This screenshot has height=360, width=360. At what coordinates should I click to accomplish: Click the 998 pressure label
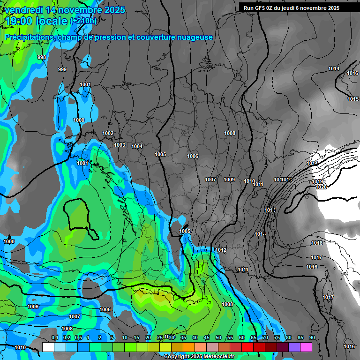(42, 57)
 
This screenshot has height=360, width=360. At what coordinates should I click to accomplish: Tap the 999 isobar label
(62, 69)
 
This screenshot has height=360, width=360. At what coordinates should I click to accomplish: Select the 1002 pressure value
(108, 134)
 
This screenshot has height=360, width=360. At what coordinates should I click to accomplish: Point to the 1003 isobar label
(120, 145)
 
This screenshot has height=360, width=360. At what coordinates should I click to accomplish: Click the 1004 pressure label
(137, 147)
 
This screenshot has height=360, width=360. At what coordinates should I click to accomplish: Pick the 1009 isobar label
(229, 180)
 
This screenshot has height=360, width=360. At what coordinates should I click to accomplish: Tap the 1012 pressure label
(221, 250)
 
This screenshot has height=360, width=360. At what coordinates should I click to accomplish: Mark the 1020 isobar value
(321, 187)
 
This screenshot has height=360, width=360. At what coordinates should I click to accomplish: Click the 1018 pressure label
(317, 243)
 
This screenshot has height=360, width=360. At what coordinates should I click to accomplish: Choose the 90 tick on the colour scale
(312, 338)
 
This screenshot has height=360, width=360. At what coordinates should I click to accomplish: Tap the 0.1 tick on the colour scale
(54, 338)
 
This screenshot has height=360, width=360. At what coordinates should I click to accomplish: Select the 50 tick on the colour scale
(218, 338)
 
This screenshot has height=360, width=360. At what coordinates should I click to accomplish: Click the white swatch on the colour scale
(48, 347)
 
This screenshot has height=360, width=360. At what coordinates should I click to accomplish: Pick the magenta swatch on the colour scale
(306, 347)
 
